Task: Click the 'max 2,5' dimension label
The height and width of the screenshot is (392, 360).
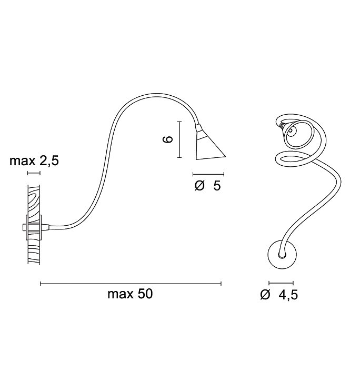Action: [34, 161]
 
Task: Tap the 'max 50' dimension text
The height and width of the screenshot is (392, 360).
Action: [130, 294]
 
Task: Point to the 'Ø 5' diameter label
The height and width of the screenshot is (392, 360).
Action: [208, 186]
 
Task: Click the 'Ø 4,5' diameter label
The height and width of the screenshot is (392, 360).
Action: [279, 295]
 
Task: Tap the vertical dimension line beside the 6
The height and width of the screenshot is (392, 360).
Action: [179, 139]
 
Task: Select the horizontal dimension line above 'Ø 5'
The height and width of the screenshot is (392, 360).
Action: [208, 174]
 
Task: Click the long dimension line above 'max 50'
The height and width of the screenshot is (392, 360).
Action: [131, 284]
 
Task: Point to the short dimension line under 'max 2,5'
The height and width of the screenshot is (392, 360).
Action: [34, 173]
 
